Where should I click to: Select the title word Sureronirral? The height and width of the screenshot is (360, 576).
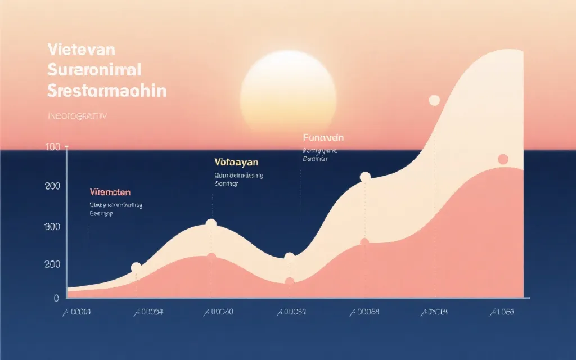[94, 70]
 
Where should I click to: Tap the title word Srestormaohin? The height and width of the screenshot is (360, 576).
[107, 91]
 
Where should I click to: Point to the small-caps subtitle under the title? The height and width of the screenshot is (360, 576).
[78, 116]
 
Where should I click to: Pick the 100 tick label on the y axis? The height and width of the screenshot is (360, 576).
[52, 147]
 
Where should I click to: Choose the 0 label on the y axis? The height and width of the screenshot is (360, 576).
[56, 298]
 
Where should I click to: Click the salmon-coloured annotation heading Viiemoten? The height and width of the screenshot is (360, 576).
[111, 192]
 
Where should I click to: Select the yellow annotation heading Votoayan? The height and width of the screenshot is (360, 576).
[236, 162]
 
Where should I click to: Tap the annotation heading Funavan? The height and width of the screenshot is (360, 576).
[323, 137]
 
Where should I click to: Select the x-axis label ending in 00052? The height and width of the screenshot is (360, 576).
[290, 312]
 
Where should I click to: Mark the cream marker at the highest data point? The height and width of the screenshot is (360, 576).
[434, 101]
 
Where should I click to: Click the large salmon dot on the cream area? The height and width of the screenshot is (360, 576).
[503, 159]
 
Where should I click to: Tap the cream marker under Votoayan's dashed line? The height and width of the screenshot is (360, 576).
[211, 224]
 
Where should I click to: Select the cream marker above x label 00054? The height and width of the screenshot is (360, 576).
[136, 268]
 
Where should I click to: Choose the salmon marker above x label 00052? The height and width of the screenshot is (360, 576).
[290, 282]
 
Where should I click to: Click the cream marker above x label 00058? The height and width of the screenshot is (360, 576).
[365, 177]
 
